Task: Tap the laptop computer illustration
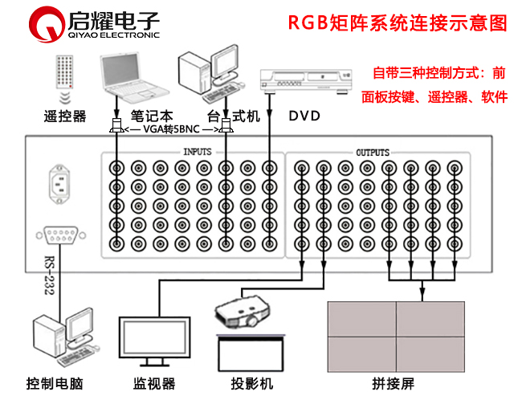click(133, 76)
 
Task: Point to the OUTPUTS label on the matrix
click(372, 152)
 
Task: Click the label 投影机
click(250, 383)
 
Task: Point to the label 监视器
click(154, 383)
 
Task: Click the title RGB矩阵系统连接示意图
click(398, 23)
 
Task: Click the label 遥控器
click(64, 116)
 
